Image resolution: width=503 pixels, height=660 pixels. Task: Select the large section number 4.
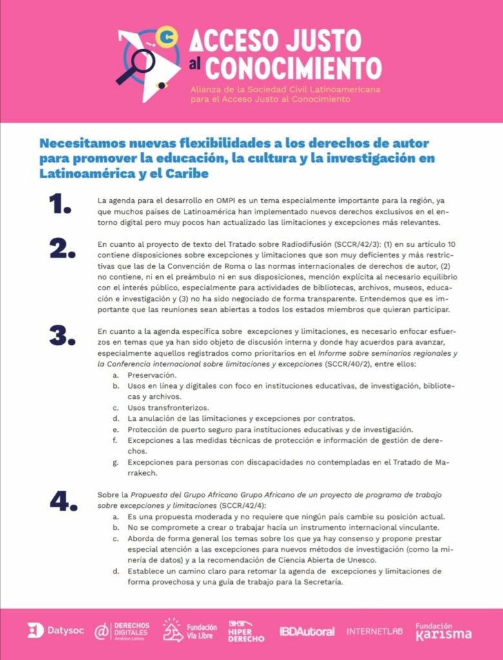[63, 501]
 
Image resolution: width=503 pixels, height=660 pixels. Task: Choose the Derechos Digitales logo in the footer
[123, 631]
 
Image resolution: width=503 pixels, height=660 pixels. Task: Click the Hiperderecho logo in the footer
[246, 631]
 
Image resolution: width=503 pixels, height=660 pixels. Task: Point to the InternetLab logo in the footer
[375, 631]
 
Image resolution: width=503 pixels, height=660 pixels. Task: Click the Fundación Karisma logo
[443, 631]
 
